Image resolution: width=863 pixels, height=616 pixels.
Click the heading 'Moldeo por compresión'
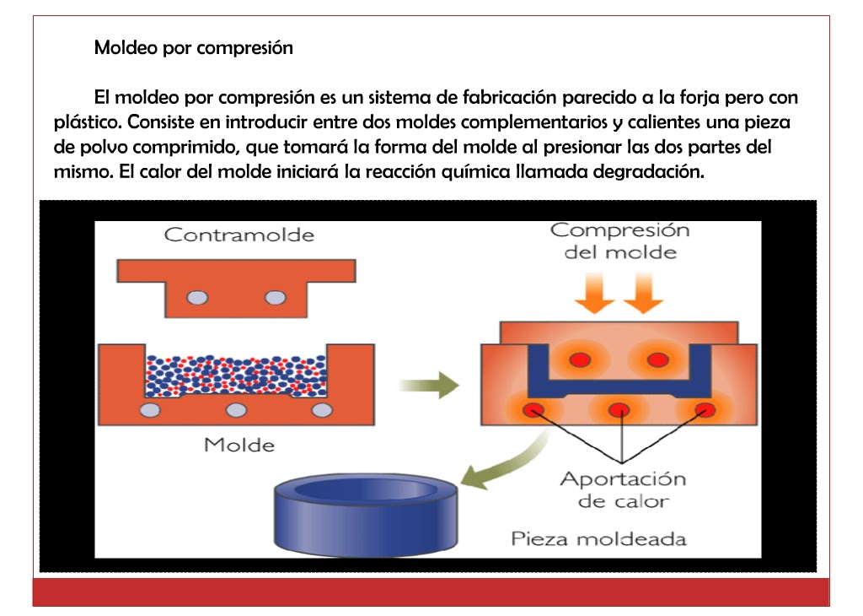(193, 47)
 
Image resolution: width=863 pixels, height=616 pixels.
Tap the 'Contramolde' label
(239, 235)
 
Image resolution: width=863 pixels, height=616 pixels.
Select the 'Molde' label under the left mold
(239, 444)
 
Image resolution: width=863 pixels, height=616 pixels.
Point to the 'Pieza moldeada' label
(598, 538)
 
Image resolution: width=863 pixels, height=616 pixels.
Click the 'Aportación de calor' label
(623, 489)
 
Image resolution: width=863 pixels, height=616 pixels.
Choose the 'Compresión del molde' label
(619, 240)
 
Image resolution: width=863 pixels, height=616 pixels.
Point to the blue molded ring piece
(367, 511)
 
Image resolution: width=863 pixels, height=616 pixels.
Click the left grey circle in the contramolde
(197, 297)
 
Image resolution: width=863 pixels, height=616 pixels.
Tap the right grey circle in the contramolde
(276, 297)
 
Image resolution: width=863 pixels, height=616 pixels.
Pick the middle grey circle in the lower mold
(238, 410)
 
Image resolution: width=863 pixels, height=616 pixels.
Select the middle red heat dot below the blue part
(619, 410)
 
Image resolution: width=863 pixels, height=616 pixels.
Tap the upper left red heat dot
(579, 359)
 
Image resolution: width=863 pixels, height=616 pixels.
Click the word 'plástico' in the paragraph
(87, 123)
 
